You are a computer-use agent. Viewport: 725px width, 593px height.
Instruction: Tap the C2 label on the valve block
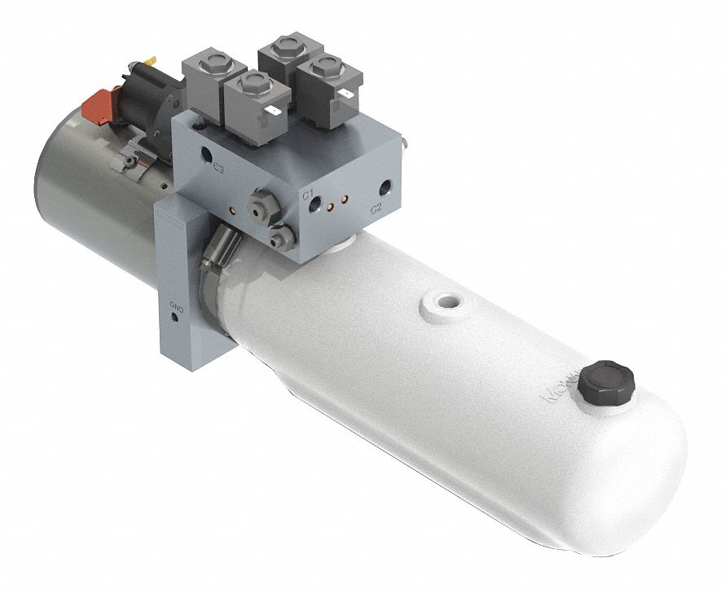(376, 209)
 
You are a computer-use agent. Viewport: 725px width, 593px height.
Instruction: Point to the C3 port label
(218, 169)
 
